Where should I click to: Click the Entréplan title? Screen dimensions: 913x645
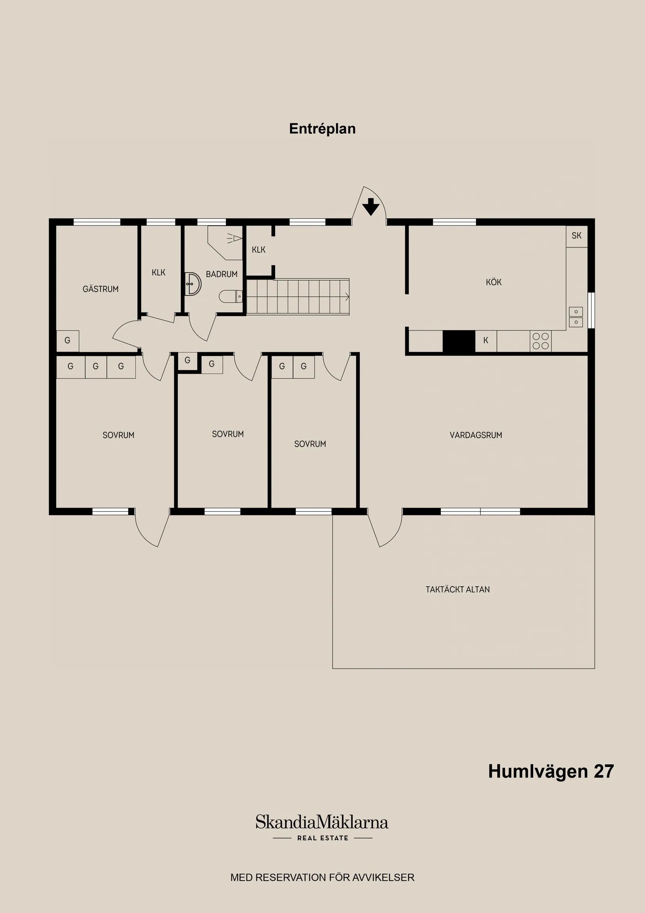322,129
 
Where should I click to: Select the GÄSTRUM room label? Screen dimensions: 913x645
100,289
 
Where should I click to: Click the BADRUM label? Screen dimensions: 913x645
221,274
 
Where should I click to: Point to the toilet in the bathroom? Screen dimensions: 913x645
231,296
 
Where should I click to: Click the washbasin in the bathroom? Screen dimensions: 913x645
192,284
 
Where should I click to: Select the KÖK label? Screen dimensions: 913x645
494,282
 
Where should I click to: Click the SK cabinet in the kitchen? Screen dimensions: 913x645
576,236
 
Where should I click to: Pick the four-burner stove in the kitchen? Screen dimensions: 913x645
541,341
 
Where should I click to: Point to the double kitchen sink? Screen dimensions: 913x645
576,317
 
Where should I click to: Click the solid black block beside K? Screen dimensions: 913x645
459,341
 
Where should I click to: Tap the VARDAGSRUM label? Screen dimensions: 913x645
476,435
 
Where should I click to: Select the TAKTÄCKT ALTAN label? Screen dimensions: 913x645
457,589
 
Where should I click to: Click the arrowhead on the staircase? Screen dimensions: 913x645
347,296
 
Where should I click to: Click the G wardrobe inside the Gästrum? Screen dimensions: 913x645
68,341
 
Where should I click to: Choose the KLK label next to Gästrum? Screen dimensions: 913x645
159,273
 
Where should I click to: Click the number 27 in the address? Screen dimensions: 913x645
604,771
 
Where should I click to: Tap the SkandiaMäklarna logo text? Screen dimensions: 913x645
322,822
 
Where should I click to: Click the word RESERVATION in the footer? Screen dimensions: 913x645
290,877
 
